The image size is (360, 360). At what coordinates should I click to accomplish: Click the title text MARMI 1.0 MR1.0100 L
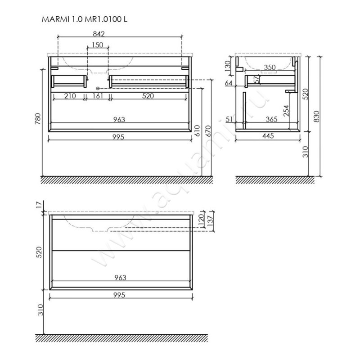[84, 19]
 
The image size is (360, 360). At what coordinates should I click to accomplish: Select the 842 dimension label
[99, 34]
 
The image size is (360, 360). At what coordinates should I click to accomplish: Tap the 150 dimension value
[98, 45]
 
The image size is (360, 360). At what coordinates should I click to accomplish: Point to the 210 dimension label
[70, 96]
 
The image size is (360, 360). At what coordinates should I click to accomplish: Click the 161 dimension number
[98, 96]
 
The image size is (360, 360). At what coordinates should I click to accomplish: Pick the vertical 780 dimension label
[38, 119]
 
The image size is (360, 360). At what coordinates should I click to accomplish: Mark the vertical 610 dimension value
[198, 130]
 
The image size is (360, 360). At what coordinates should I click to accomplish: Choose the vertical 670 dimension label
[208, 130]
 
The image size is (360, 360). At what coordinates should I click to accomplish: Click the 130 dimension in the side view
[228, 66]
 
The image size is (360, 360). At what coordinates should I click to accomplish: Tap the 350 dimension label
[270, 67]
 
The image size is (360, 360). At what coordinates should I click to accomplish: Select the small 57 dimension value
[257, 79]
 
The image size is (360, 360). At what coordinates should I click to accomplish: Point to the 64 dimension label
[229, 83]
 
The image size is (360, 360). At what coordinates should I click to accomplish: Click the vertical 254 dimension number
[286, 111]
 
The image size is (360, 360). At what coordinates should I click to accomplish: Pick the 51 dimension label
[229, 119]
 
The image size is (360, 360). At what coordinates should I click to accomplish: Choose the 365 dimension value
[272, 119]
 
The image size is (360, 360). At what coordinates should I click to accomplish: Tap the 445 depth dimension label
[268, 136]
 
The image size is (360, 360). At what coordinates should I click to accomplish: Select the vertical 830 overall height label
[316, 116]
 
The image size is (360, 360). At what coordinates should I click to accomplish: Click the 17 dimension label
[40, 204]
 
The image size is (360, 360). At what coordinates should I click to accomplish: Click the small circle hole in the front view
[98, 88]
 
